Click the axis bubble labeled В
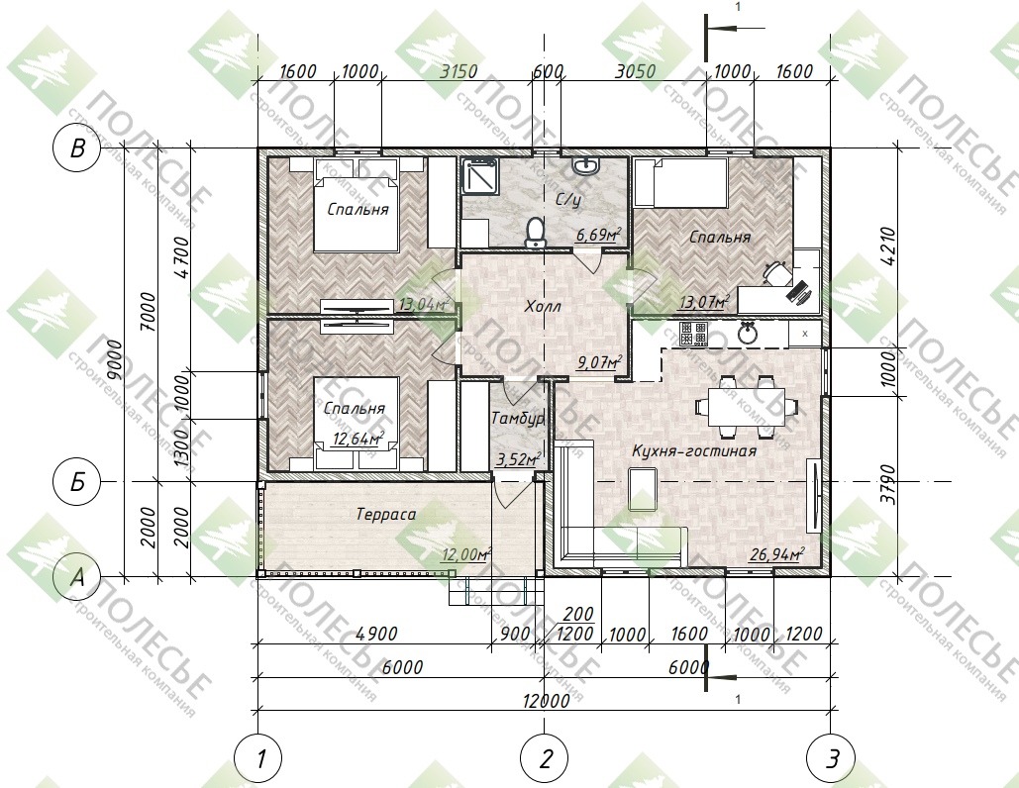76,148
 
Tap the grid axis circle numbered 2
545,758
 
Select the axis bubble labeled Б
76,481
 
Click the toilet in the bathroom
535,233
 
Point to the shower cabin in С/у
479,176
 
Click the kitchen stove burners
693,334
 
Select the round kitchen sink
748,334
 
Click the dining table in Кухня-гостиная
746,407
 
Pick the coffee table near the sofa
643,489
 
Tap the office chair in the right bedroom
776,272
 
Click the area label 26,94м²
776,554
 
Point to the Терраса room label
386,515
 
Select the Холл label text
543,306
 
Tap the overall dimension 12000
546,700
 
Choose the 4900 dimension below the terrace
377,634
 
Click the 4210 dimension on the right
888,246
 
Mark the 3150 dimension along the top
459,71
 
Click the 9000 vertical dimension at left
115,360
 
